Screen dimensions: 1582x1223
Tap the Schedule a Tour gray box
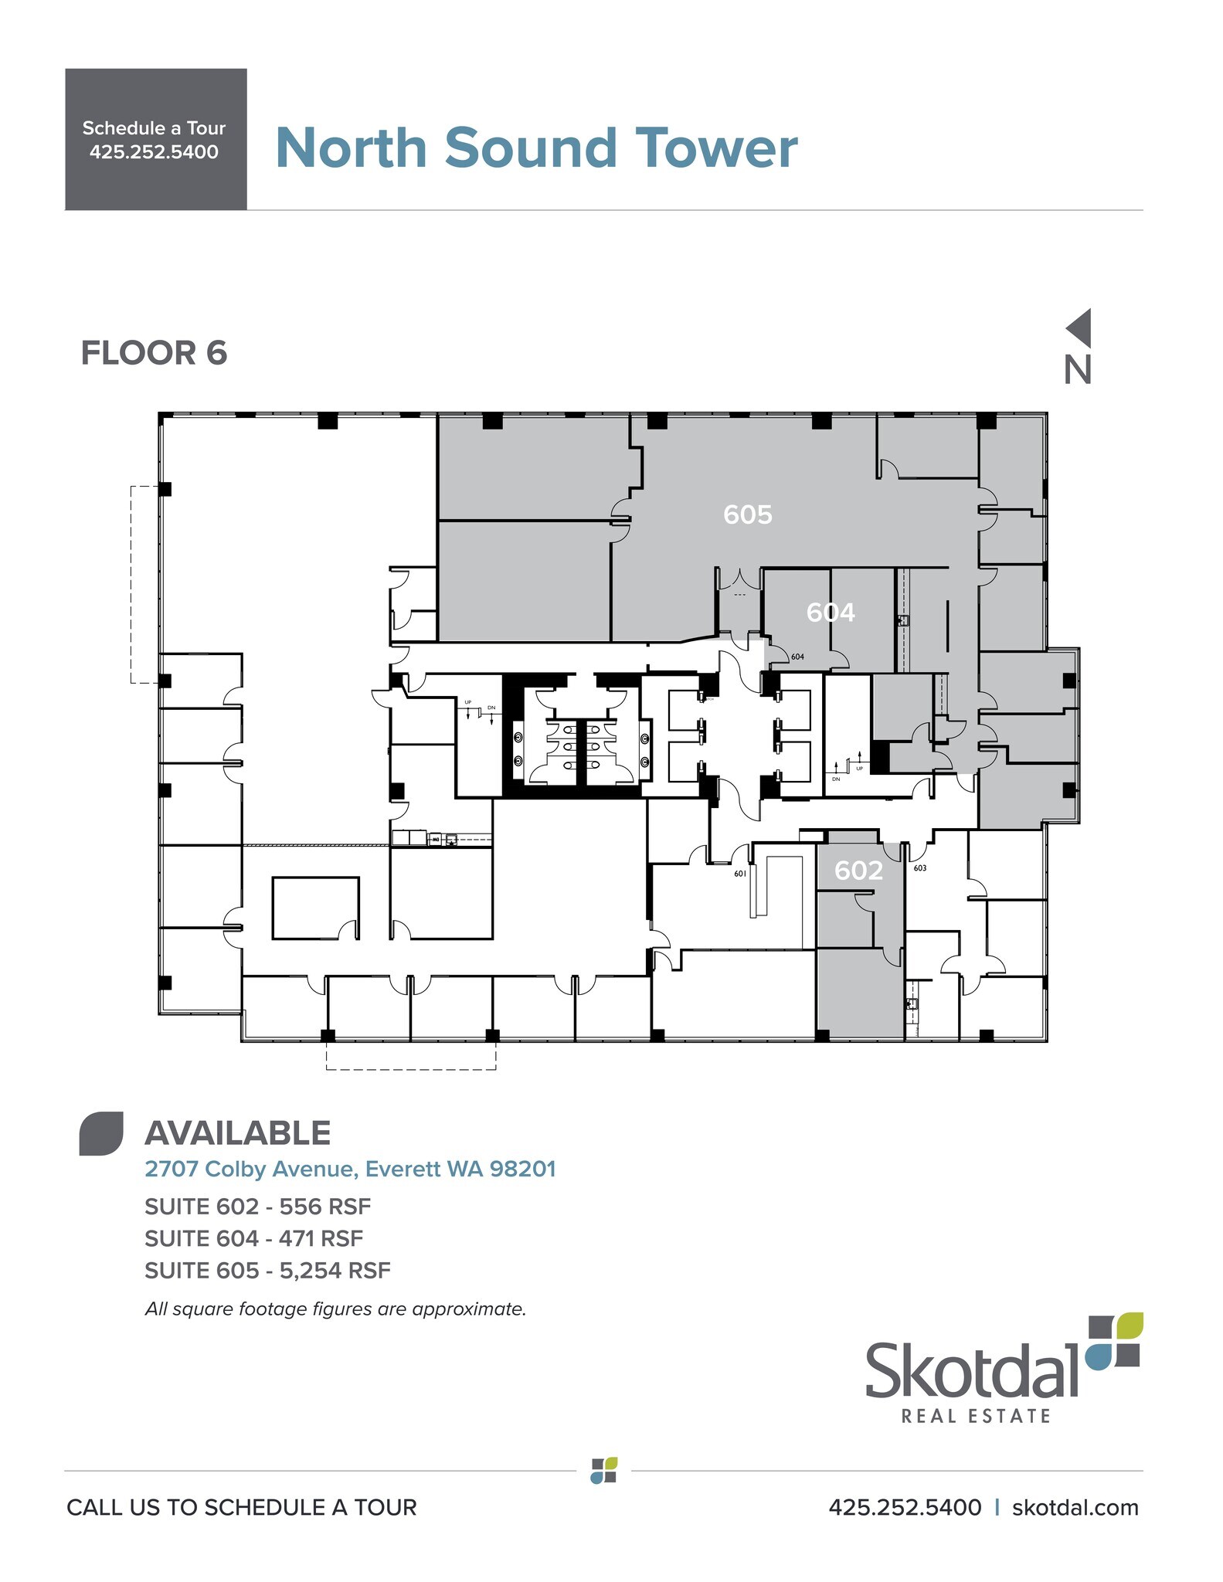click(155, 139)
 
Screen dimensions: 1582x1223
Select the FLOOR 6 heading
click(154, 353)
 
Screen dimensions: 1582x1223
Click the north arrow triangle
click(1079, 328)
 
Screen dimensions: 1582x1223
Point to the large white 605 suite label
click(747, 514)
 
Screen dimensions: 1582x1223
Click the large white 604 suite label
click(831, 613)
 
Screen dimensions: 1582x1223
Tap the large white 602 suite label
click(858, 871)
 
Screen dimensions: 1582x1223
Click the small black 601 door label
click(740, 874)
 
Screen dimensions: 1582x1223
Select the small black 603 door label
click(919, 868)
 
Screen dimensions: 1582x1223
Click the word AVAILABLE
click(238, 1133)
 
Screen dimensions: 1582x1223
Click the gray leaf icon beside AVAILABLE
click(101, 1134)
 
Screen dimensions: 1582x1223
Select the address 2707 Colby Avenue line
click(350, 1169)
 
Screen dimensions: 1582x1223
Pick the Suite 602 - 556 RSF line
click(257, 1207)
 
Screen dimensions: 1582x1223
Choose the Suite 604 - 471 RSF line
click(253, 1238)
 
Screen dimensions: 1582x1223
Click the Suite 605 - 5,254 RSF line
click(267, 1271)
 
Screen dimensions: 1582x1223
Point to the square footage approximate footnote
click(335, 1309)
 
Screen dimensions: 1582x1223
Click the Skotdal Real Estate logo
click(1002, 1368)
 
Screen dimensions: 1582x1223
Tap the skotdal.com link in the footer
click(1075, 1507)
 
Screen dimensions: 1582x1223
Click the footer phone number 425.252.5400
click(905, 1507)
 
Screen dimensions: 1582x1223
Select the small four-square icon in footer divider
click(604, 1470)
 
